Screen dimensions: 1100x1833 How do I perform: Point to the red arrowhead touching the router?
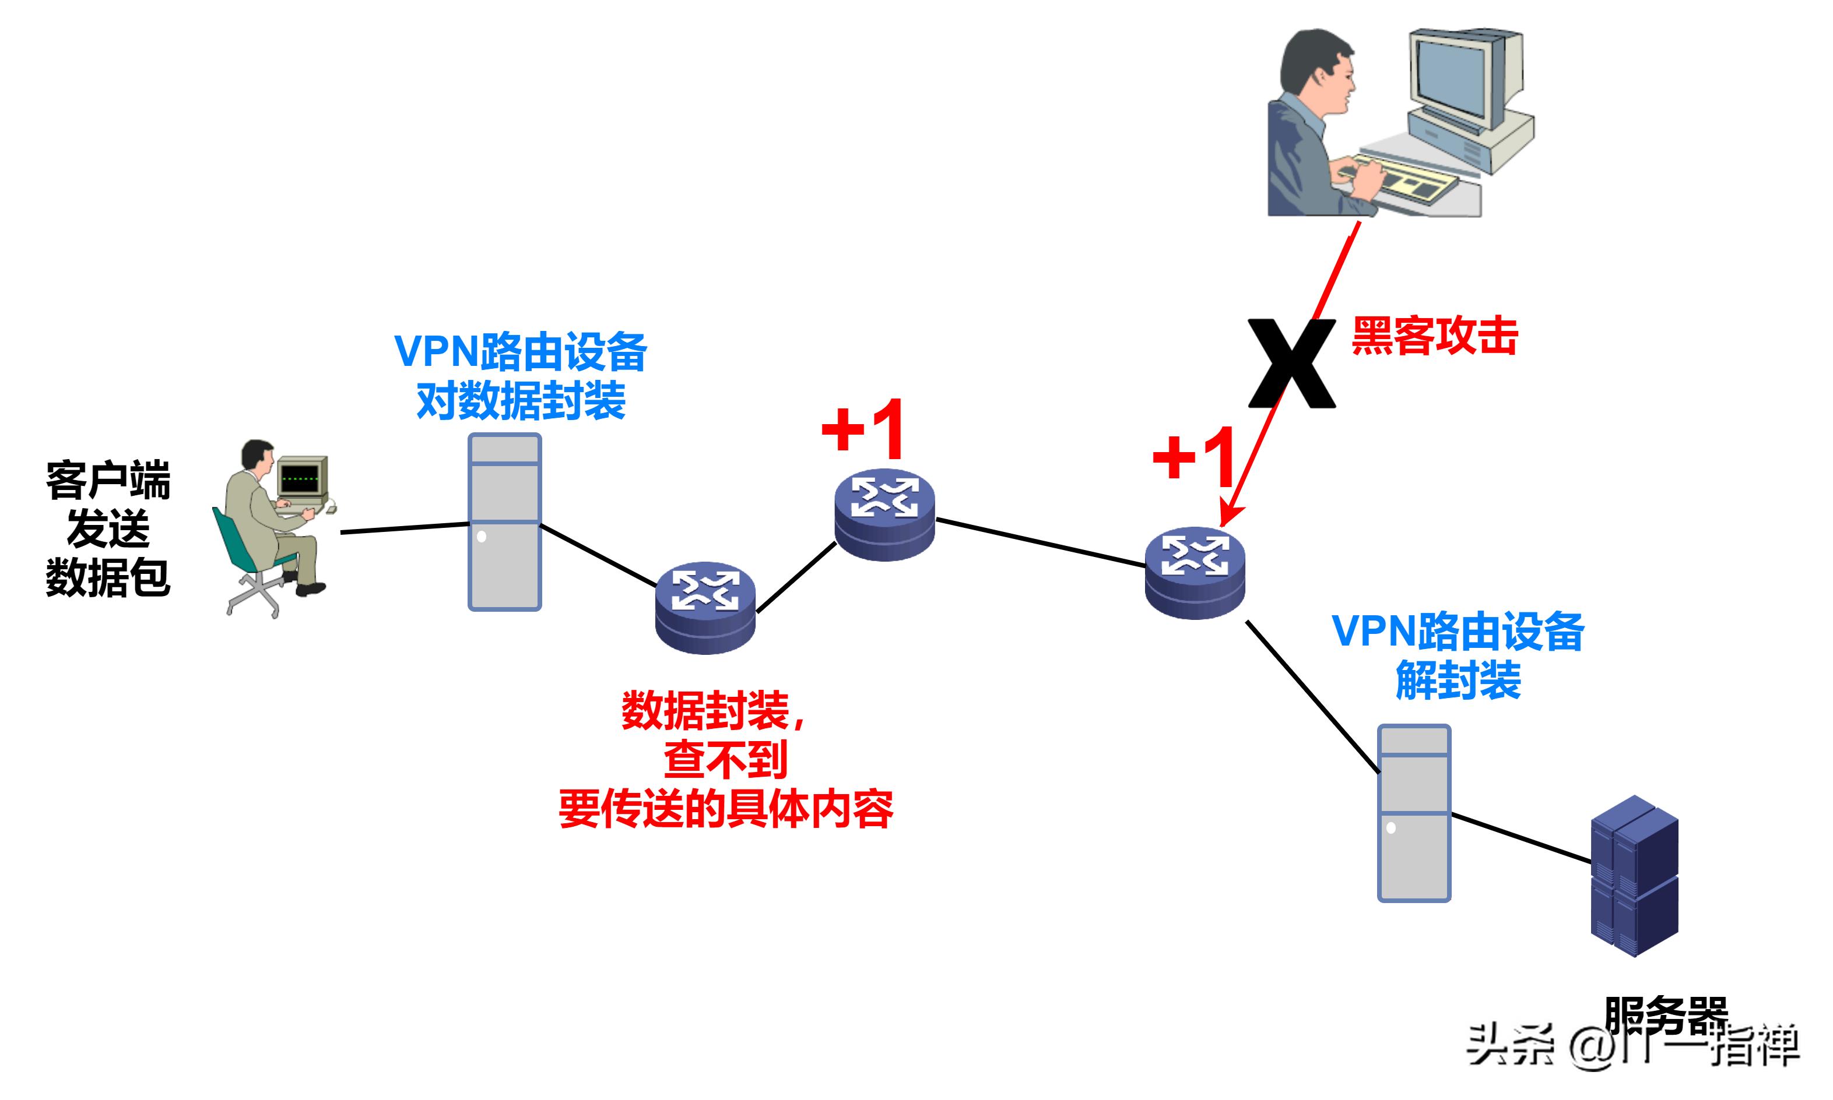click(1228, 516)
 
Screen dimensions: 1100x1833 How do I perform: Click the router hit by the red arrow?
click(1195, 572)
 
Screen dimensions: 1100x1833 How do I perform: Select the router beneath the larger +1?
click(884, 514)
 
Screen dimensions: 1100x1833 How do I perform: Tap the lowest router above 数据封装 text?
click(705, 607)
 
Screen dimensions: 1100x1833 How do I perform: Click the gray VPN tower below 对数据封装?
click(504, 522)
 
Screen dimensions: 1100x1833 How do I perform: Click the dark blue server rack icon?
click(1634, 876)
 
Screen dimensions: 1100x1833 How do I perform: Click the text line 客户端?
click(108, 480)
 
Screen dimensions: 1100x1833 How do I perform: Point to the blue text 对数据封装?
click(521, 401)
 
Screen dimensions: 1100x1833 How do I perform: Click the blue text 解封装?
click(1458, 680)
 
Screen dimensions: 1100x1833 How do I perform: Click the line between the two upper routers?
click(1040, 542)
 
